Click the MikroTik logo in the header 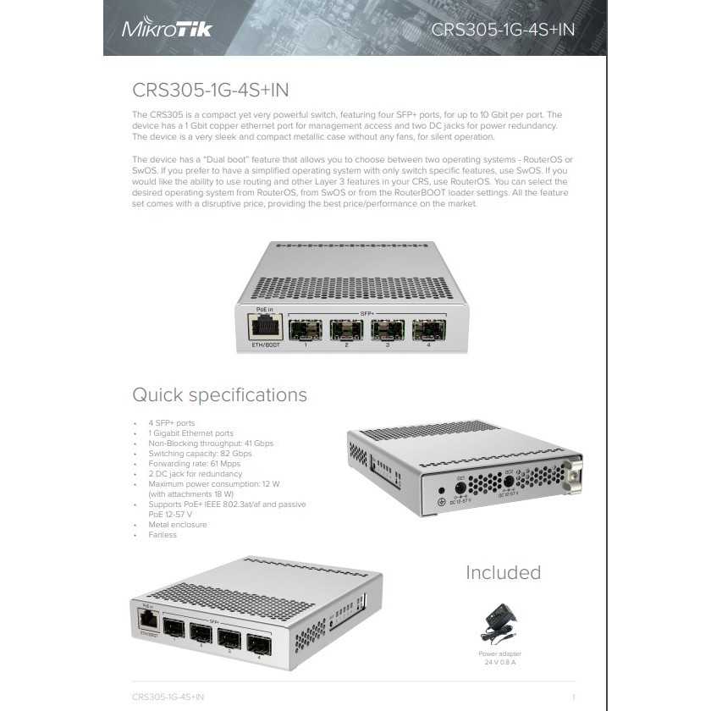(167, 30)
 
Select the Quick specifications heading (219, 395)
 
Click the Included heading (503, 573)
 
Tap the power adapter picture (502, 621)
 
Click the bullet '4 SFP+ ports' (172, 423)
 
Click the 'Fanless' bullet (163, 535)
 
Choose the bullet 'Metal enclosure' (177, 525)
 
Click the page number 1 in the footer (574, 697)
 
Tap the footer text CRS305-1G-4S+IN (168, 697)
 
